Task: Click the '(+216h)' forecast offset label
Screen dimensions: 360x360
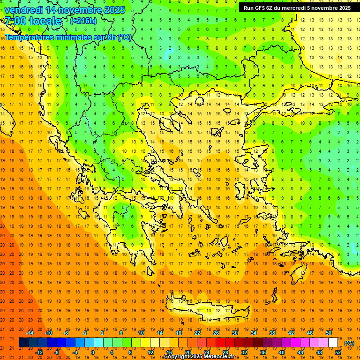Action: tap(83, 21)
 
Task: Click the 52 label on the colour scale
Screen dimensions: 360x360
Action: tap(337, 352)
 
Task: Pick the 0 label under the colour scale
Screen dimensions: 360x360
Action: tap(93, 352)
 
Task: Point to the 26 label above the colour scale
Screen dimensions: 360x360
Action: tap(216, 332)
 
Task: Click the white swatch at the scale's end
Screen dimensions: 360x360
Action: tap(333, 343)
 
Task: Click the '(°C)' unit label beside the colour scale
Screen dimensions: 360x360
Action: tap(349, 343)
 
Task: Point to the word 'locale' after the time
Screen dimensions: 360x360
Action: tap(45, 21)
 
